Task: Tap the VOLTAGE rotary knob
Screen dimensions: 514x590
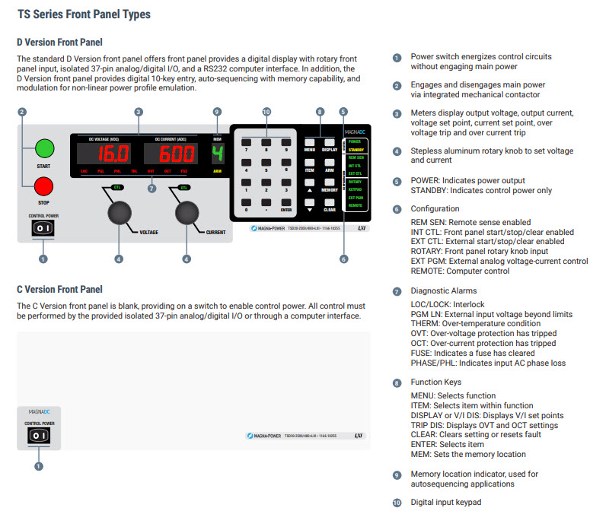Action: coord(118,211)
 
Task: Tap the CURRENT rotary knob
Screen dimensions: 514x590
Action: coord(186,211)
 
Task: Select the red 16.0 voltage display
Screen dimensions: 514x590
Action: coord(106,156)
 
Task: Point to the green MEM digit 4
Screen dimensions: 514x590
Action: coord(217,155)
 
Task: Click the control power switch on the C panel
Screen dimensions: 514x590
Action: coord(39,435)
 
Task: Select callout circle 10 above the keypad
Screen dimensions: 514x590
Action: coord(266,112)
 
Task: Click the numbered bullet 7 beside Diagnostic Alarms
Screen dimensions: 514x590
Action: coord(396,291)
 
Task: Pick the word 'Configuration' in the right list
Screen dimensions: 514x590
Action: coord(435,208)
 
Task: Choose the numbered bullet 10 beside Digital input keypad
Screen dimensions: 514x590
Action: coord(396,503)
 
